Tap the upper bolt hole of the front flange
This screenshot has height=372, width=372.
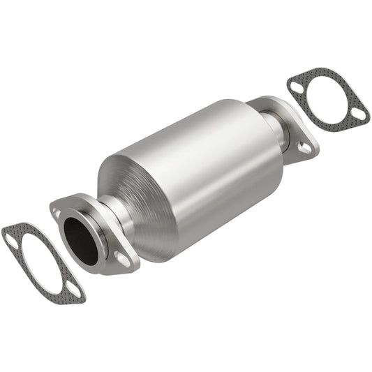coord(55,207)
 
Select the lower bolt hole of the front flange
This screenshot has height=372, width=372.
coord(123,260)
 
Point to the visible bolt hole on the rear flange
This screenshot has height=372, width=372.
coord(304,147)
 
